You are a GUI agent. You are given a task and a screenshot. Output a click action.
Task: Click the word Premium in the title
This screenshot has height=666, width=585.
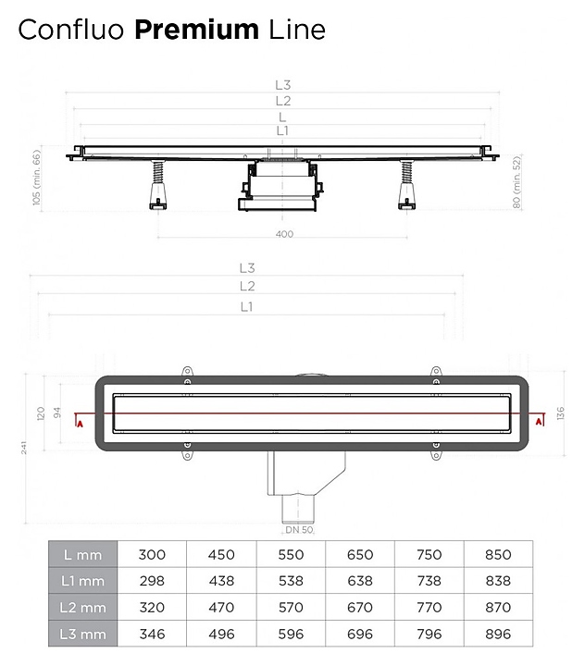click(196, 30)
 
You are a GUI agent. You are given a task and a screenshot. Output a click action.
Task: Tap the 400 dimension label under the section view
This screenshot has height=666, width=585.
click(284, 234)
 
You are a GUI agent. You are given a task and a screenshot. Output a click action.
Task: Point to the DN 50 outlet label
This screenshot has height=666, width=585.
click(299, 530)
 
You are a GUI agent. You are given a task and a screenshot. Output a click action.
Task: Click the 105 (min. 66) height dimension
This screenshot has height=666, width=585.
click(37, 178)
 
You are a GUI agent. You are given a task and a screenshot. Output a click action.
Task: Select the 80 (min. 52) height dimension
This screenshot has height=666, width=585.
click(517, 182)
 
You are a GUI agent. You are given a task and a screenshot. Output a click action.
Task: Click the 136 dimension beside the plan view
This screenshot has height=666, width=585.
click(560, 413)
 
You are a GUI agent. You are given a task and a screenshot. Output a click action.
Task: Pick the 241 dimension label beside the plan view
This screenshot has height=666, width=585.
click(24, 448)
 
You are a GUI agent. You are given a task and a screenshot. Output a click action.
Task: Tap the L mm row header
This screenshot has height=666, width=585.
click(83, 554)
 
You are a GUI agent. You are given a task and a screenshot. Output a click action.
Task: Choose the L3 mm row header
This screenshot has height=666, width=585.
click(83, 634)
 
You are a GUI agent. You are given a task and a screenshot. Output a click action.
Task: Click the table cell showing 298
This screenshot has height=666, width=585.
click(152, 581)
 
